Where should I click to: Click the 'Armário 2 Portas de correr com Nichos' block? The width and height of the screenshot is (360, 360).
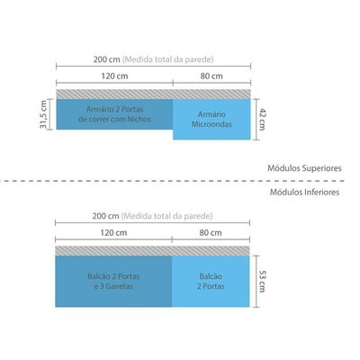[x=114, y=114]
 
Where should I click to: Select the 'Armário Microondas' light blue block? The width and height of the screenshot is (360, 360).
[x=211, y=120]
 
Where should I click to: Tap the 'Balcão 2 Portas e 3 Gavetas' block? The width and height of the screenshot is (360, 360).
[x=113, y=281]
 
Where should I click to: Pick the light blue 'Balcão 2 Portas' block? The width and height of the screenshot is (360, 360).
[x=211, y=281]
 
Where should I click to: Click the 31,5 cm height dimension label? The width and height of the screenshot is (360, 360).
[x=43, y=114]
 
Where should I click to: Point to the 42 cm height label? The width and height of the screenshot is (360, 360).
[x=262, y=120]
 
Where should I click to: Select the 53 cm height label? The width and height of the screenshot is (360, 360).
[x=262, y=281]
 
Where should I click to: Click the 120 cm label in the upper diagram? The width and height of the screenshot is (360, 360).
[x=114, y=76]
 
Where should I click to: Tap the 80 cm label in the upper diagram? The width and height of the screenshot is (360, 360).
[x=211, y=76]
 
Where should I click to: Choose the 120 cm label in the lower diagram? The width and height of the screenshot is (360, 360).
[x=113, y=233]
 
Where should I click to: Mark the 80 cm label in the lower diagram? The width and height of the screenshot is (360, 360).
[x=211, y=233]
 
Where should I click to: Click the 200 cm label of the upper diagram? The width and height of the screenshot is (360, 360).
[x=106, y=59]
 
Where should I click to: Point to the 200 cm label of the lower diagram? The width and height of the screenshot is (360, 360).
[x=105, y=216]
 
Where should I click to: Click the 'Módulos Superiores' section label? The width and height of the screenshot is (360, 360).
[x=304, y=168]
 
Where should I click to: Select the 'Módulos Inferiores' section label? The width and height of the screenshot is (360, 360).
[x=304, y=192]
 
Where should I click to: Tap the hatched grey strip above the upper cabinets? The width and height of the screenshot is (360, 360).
[x=153, y=94]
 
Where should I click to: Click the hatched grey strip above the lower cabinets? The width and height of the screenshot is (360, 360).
[x=152, y=251]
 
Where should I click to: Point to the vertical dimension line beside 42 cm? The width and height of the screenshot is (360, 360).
[x=256, y=120]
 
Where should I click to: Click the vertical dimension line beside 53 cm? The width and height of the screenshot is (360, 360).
[x=256, y=281]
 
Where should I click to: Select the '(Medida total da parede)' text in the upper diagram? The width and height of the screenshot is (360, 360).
[x=167, y=59]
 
